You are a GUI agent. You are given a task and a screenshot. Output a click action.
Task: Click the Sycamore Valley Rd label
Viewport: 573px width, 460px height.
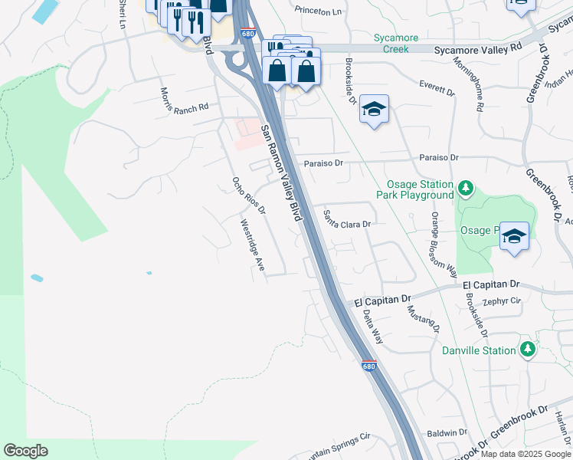pos(477,47)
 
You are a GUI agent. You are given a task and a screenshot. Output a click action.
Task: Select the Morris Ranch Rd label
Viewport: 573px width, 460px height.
pos(184,100)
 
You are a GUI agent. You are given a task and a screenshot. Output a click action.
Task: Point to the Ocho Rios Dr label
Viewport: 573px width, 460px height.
pos(248,195)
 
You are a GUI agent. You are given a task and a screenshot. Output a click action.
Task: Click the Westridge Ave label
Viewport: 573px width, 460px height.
pos(252,245)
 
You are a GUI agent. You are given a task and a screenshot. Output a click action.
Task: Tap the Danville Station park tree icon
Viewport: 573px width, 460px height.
pos(527,350)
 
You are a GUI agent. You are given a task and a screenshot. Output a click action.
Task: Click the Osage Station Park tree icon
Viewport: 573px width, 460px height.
pos(464,188)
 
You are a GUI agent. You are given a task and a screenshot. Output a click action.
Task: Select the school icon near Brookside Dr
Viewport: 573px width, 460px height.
pos(374,110)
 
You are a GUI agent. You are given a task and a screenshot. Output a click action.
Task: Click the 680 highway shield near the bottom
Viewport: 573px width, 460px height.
pos(369,366)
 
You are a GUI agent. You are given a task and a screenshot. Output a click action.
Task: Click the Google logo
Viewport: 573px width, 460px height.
pos(25,451)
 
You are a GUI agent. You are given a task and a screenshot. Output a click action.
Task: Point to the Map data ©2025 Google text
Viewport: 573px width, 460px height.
pos(526,454)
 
